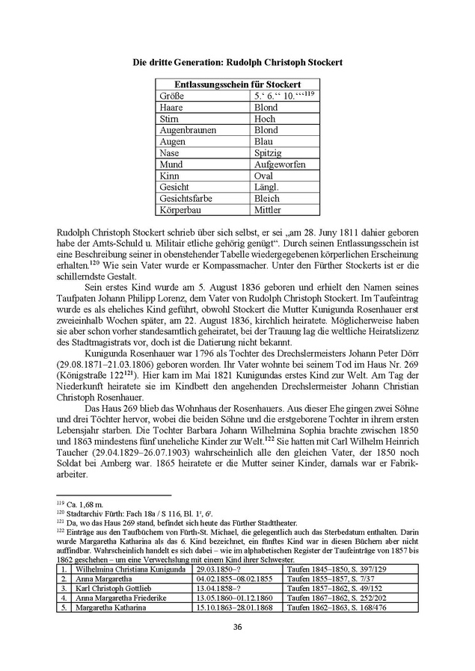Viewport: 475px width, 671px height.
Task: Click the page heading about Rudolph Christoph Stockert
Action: tap(237, 62)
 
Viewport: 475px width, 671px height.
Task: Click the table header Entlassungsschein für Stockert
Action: tap(237, 84)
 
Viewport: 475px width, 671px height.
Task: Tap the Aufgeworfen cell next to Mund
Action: tap(278, 164)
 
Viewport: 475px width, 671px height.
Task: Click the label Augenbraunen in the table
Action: tap(188, 130)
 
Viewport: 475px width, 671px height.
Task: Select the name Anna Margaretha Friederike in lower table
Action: tap(120, 598)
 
